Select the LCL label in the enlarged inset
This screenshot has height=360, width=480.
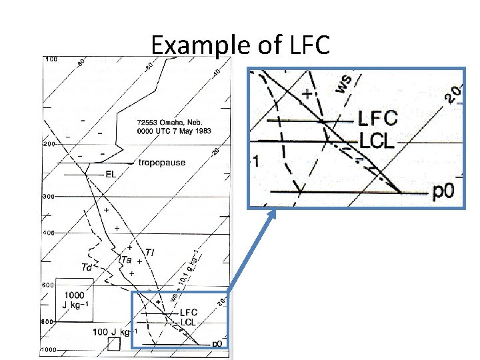coord(378,141)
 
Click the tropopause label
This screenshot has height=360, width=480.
coord(162,163)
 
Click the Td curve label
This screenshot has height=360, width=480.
coord(87,267)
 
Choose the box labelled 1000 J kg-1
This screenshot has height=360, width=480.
coord(74,300)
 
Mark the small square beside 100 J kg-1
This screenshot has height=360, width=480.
coord(113,344)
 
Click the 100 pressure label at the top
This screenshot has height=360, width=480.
coord(51,60)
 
